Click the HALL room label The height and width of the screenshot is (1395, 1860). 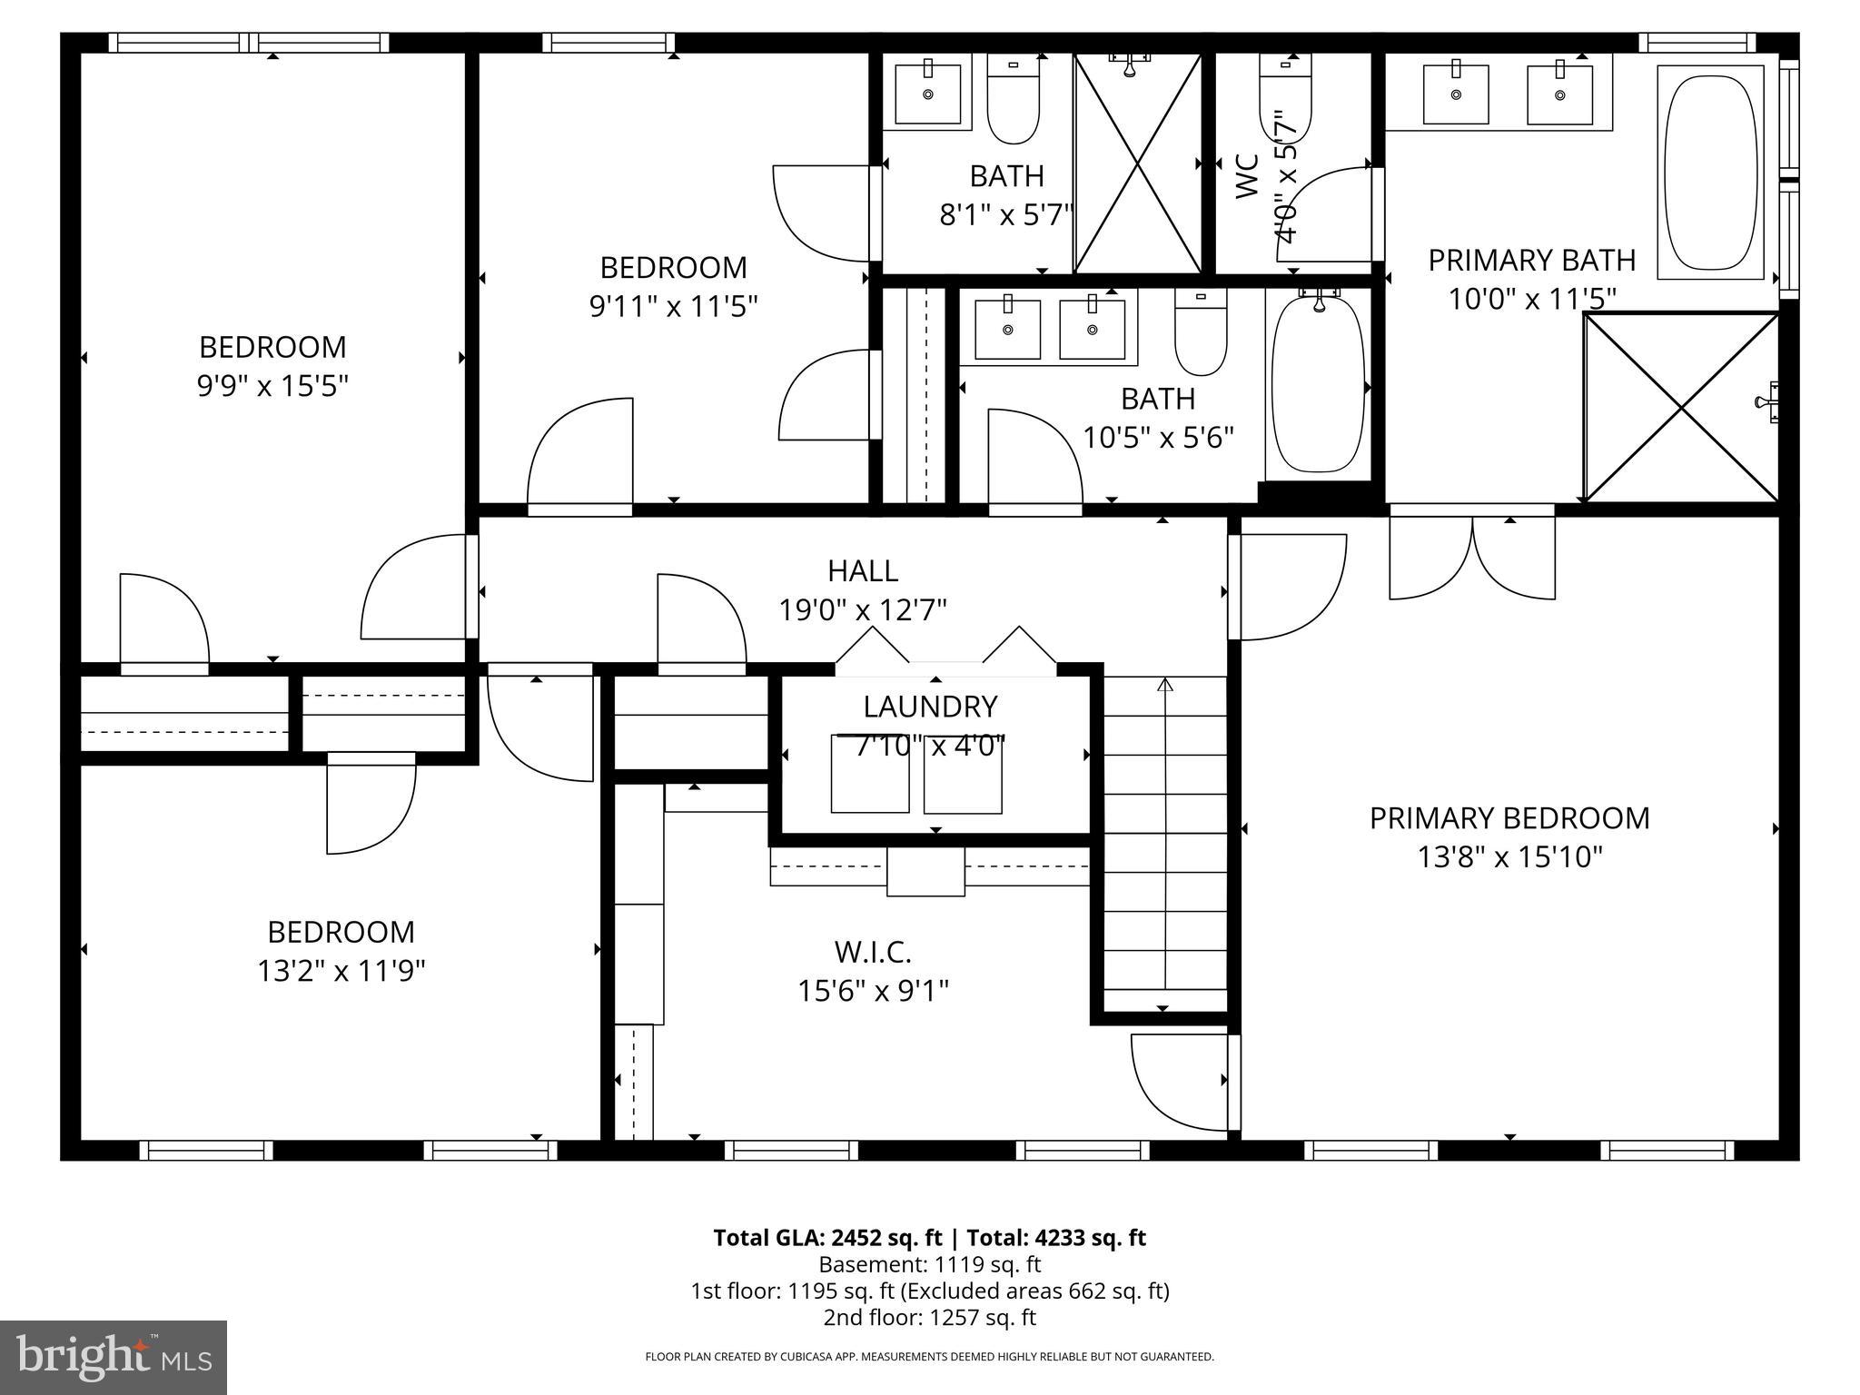[x=863, y=570]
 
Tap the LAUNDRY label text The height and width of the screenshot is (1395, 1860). [x=930, y=706]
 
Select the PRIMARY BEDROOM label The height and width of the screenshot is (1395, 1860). [x=1509, y=817]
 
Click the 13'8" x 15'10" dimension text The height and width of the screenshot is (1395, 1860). [x=1509, y=856]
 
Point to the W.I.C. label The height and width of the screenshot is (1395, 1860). [x=872, y=952]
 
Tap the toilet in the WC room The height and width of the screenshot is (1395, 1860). [x=1285, y=100]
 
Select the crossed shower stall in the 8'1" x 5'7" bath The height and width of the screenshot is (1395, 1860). [x=1137, y=163]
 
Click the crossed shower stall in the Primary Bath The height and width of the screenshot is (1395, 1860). [x=1681, y=408]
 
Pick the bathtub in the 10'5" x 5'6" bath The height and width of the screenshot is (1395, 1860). [x=1318, y=383]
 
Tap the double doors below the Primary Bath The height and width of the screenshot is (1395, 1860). [x=1471, y=556]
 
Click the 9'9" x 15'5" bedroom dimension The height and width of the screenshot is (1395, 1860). [x=272, y=386]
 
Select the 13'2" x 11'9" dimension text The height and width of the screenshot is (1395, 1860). [x=341, y=971]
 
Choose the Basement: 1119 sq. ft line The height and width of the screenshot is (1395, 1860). [x=929, y=1264]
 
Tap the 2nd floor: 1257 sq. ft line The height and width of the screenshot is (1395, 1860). [x=929, y=1317]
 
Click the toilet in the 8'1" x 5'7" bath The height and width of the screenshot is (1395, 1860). [x=1013, y=100]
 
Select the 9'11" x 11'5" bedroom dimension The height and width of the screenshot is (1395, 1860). [x=673, y=306]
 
